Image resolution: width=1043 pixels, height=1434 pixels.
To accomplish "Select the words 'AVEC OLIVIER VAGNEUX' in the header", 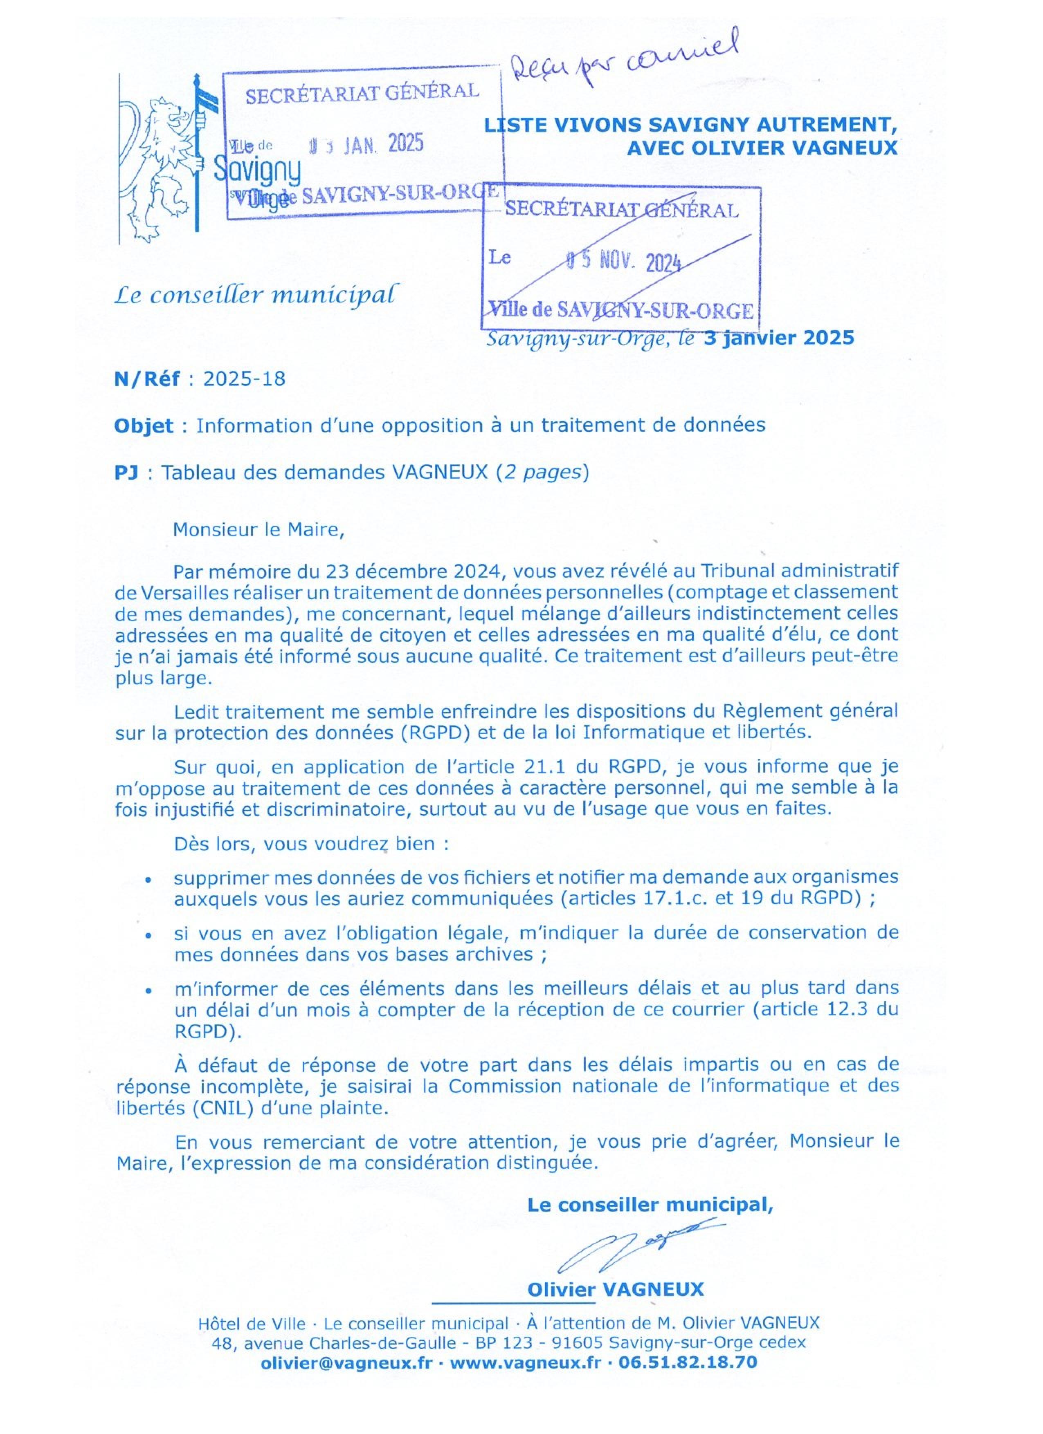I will coord(762,148).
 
